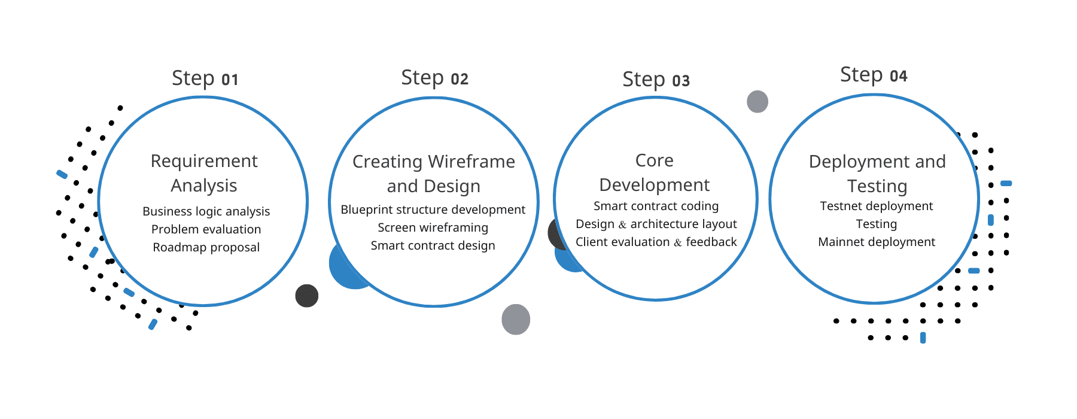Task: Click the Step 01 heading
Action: pos(205,78)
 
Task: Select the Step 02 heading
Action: pos(434,78)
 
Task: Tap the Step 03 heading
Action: pos(656,80)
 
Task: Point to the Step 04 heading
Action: pos(874,75)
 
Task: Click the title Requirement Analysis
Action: pos(204,173)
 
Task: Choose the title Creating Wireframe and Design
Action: pos(434,174)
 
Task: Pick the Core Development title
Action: pos(655,172)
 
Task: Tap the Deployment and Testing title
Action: pos(877,174)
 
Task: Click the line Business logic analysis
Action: pos(206,211)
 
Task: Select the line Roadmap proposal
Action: pos(206,247)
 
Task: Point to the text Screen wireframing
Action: pos(433,227)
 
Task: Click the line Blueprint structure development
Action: pos(433,209)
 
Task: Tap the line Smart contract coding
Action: pos(656,206)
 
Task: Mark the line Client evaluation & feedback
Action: pos(656,242)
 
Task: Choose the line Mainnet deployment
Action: pos(877,242)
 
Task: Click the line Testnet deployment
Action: pos(877,206)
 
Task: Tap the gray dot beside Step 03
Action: pos(757,102)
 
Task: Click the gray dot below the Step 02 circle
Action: pos(516,319)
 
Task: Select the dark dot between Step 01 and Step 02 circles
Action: pos(307,296)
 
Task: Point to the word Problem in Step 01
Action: pos(174,229)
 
